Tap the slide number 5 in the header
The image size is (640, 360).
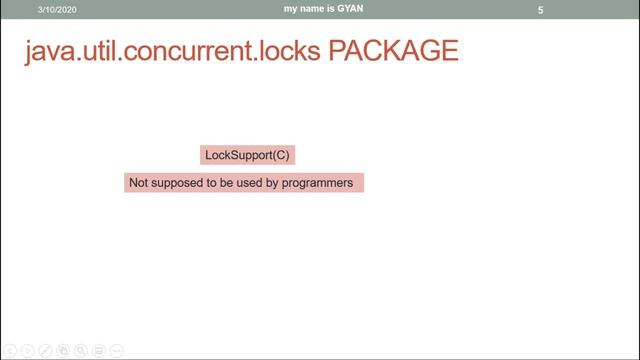pyautogui.click(x=540, y=10)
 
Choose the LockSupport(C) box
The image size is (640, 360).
pyautogui.click(x=248, y=155)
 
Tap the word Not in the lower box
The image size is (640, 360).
pyautogui.click(x=138, y=184)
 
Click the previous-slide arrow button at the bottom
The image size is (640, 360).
pyautogui.click(x=9, y=351)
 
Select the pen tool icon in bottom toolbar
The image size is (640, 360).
pyautogui.click(x=45, y=351)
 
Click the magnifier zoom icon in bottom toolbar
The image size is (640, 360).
pyautogui.click(x=81, y=351)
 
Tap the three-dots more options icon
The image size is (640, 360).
pyautogui.click(x=117, y=351)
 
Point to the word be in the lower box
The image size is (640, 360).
pyautogui.click(x=226, y=184)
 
